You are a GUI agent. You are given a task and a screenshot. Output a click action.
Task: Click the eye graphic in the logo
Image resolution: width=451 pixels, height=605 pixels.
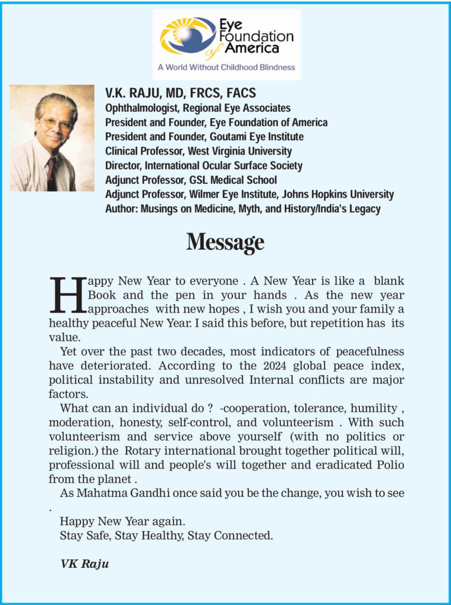pos(188,36)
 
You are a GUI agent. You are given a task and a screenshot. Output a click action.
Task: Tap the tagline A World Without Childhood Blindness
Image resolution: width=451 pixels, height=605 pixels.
pos(226,67)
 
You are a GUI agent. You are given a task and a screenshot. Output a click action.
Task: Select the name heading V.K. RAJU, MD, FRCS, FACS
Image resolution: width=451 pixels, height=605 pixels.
pos(180,93)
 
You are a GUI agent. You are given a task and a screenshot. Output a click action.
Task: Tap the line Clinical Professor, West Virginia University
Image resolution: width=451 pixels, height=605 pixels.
pos(198,151)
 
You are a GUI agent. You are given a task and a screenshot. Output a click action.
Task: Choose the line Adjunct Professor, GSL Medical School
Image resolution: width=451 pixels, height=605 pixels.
pos(191,180)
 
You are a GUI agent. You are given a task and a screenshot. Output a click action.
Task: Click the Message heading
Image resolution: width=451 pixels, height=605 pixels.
pos(225,242)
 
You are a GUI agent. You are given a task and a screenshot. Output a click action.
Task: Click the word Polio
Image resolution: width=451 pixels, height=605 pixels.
pos(388,464)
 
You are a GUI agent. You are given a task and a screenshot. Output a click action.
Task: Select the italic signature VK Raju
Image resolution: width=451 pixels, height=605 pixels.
pos(85,564)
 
